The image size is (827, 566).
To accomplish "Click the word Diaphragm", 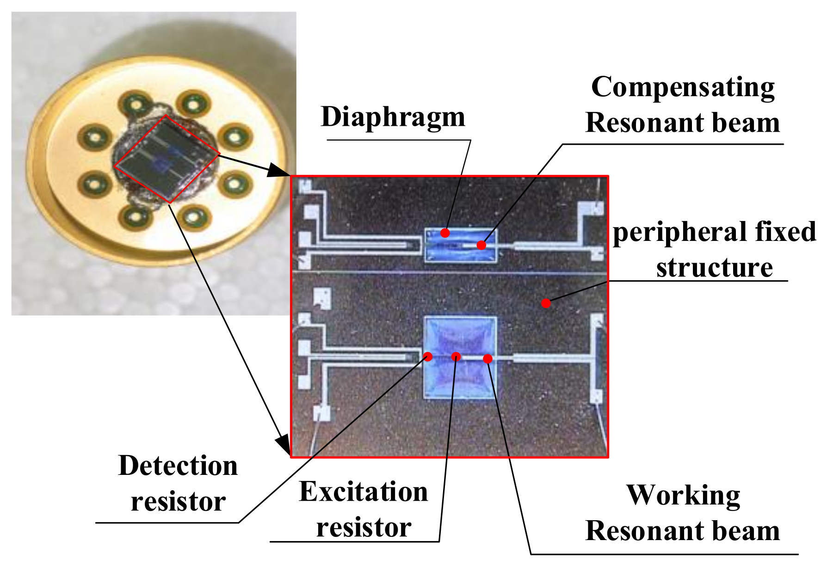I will (393, 117).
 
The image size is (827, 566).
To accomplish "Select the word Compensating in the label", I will (683, 88).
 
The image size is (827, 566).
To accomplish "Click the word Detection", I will (178, 466).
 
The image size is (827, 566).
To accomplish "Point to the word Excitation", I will (364, 492).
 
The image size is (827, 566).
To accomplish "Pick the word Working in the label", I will (683, 496).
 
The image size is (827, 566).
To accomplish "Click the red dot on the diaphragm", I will (445, 233).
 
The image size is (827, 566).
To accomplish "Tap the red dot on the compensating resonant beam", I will (481, 245).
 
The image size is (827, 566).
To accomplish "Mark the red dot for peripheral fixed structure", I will (546, 303).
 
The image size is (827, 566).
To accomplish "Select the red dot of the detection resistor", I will (428, 357).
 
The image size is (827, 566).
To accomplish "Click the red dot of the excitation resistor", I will (456, 357).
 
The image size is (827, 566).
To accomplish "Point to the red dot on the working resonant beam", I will (488, 358).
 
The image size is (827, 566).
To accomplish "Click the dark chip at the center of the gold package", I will (167, 159).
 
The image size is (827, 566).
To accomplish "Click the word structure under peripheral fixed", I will (714, 268).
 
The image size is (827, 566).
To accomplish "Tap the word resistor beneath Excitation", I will (364, 528).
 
